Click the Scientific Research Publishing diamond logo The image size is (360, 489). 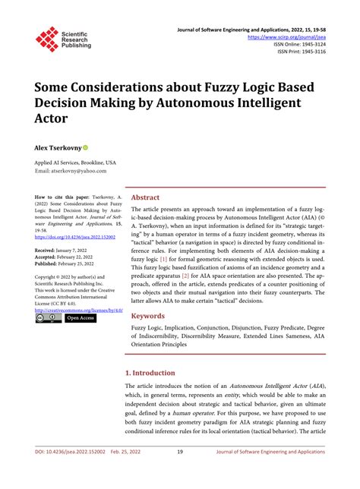click(x=47, y=39)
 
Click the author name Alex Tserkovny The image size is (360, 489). click(x=58, y=147)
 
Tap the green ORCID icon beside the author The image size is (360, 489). click(x=87, y=147)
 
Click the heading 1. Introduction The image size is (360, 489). click(x=157, y=373)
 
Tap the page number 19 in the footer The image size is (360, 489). click(x=179, y=472)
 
